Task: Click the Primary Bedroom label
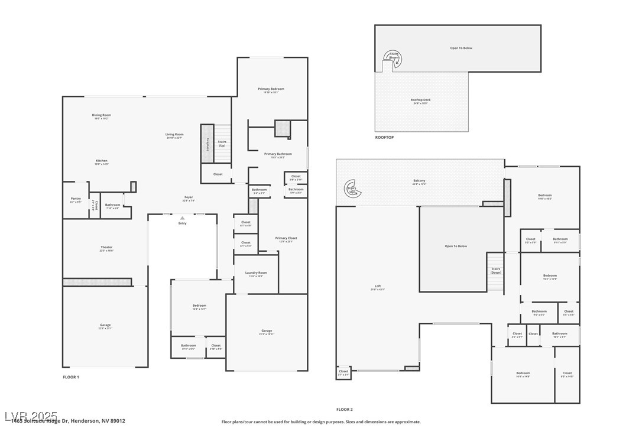coord(271,89)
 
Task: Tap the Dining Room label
coord(101,115)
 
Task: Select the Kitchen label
coord(102,161)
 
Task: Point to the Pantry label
coord(75,199)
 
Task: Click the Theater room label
coord(106,247)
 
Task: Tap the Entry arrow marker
coord(182,219)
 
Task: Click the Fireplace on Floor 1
coord(207,144)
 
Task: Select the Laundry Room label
coord(256,273)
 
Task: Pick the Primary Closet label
coord(286,238)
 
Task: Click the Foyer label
coord(188,197)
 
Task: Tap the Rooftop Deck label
coord(420,100)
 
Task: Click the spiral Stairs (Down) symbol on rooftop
coord(391,57)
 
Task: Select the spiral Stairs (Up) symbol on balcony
coord(352,189)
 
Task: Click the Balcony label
coord(419,181)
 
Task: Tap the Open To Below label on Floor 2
coord(456,246)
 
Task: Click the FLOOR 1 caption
coord(71,377)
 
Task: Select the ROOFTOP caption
coord(384,137)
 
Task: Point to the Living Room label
coord(174,134)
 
